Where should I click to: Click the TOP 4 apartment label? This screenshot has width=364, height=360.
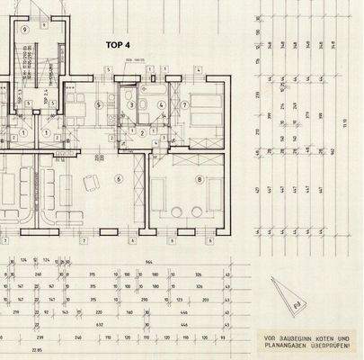[119, 44]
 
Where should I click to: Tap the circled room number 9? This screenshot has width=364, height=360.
[25, 29]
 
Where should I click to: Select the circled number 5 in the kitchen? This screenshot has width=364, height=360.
[97, 103]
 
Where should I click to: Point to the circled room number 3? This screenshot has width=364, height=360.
[132, 104]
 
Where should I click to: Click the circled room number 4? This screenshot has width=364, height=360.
[160, 104]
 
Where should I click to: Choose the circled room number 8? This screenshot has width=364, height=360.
[198, 179]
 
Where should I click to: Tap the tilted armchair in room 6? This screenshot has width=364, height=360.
[91, 184]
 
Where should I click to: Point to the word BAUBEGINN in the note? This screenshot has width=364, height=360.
[297, 338]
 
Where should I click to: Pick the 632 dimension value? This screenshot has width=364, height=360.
[101, 322]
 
